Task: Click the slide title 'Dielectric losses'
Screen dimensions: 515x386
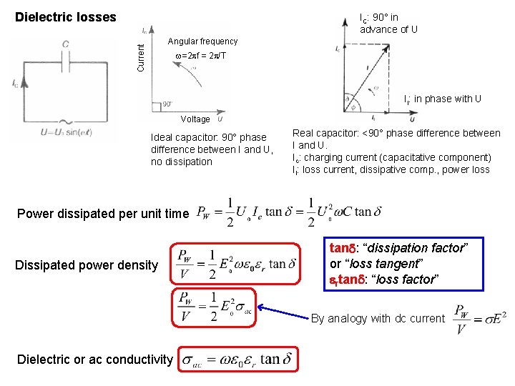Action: pos(66,16)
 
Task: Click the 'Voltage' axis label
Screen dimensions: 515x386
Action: pos(195,119)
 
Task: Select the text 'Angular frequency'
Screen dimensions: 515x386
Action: pos(202,41)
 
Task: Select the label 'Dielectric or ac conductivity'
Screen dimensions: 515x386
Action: pos(94,360)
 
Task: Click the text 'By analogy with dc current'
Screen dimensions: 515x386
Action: pos(378,319)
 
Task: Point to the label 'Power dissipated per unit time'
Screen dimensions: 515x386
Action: pos(102,213)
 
